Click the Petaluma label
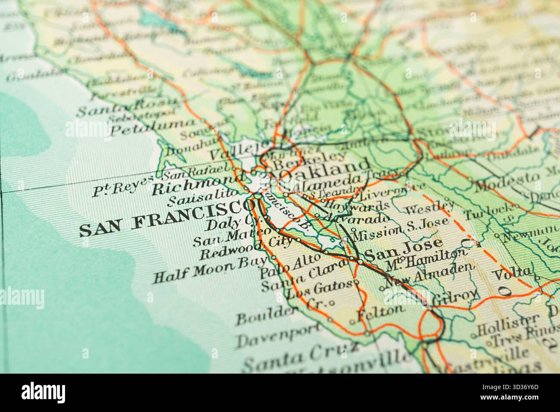(x=152, y=127)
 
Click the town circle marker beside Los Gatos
(x=356, y=283)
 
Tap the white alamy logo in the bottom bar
(x=44, y=393)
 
